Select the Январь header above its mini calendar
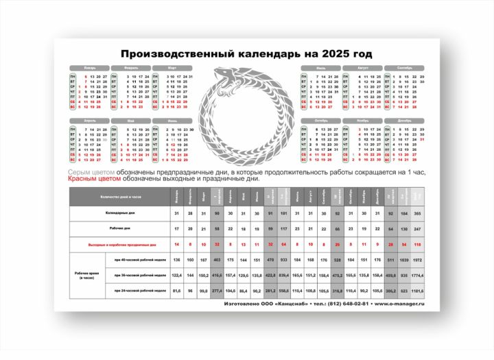(89, 68)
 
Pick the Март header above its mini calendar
(171, 68)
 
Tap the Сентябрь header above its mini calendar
(404, 68)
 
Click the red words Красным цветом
(94, 179)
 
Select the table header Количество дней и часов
(119, 197)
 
